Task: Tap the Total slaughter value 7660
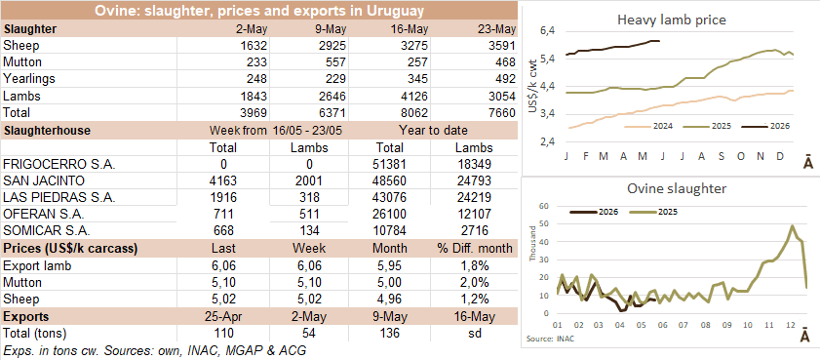[x=503, y=112]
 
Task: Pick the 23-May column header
[x=497, y=29]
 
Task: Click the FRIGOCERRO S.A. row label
[x=59, y=164]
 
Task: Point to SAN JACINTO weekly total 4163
[x=224, y=181]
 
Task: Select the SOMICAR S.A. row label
[x=48, y=231]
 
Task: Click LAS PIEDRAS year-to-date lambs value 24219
[x=474, y=198]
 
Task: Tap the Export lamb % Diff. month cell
[x=475, y=265]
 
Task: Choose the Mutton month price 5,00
[x=387, y=283]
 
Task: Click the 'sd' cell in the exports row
[x=475, y=333]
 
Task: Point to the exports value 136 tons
[x=387, y=333]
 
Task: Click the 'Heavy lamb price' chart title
[x=672, y=20]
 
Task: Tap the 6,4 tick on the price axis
[x=545, y=31]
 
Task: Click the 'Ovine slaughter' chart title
[x=672, y=189]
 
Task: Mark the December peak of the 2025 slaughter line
[x=792, y=225]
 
